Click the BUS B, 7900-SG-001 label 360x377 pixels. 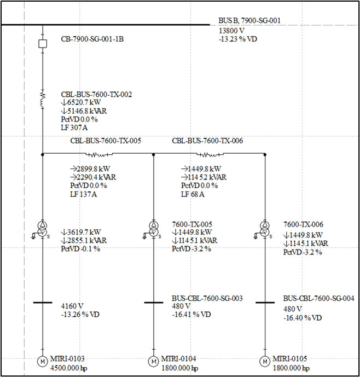[249, 20]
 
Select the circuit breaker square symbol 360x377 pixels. [42, 43]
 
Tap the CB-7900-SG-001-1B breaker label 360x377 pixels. [92, 39]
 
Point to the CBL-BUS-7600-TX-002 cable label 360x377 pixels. [96, 95]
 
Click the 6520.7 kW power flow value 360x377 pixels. [83, 103]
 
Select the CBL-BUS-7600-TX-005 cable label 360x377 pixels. [106, 141]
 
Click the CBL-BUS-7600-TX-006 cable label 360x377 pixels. [207, 141]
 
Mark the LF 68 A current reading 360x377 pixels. [193, 194]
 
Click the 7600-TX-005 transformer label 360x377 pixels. [192, 224]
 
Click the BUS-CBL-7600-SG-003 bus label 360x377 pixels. [207, 299]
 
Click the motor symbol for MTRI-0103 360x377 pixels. [42, 362]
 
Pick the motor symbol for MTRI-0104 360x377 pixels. [153, 362]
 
